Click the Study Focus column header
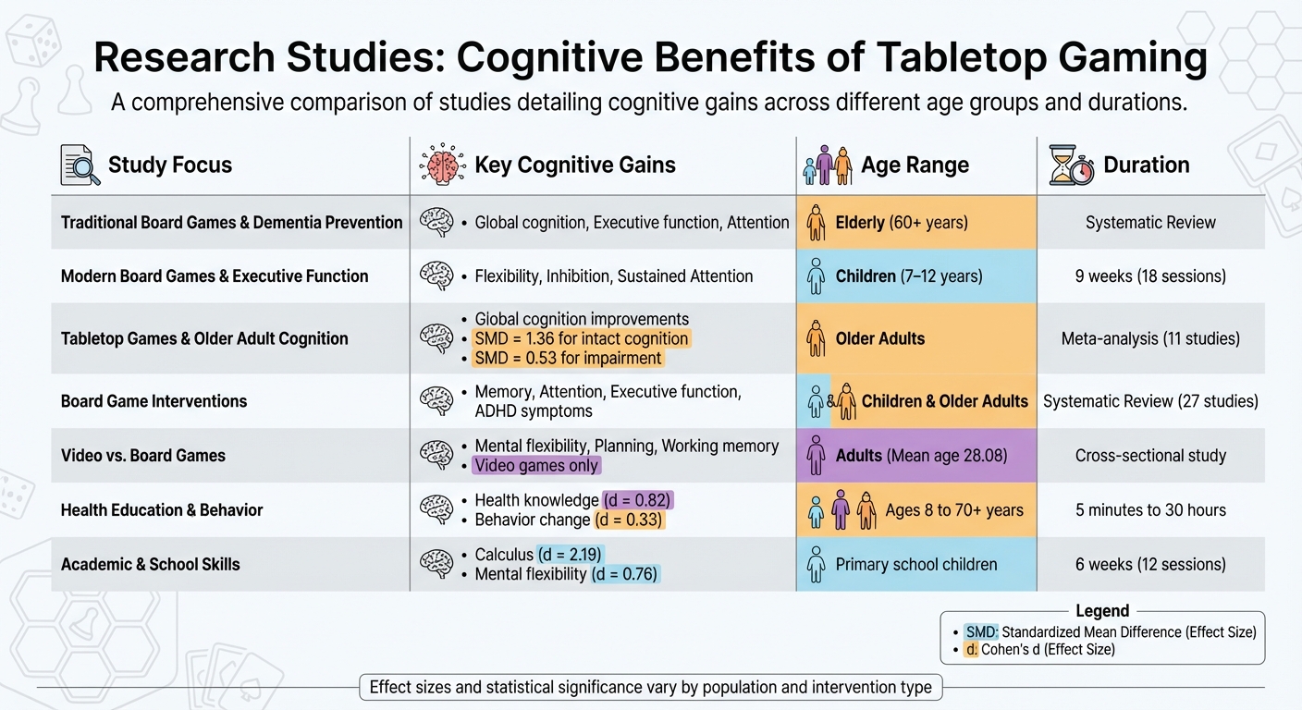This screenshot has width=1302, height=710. coord(169,165)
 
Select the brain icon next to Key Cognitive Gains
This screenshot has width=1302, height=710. coord(441,165)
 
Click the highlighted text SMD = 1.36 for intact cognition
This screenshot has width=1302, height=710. coord(582,338)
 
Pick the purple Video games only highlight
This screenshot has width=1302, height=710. coord(536,466)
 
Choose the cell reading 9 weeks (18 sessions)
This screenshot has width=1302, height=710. coord(1150,275)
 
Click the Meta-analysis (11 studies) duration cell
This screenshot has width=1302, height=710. coord(1150,338)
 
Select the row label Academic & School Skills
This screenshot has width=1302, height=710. coord(151,564)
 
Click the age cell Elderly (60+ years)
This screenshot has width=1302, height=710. coord(901,222)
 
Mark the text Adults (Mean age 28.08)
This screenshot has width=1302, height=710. coord(921,455)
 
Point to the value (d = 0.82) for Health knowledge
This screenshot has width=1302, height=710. coord(638,500)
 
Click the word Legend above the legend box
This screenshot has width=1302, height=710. coord(1102,611)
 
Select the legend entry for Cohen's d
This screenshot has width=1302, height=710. coord(1040,649)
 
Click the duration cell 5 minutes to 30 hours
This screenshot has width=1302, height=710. coord(1150,509)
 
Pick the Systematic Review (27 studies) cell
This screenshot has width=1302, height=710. coord(1150,401)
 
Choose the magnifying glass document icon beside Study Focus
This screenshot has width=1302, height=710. coord(80,165)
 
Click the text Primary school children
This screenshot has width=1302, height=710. coord(915,564)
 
